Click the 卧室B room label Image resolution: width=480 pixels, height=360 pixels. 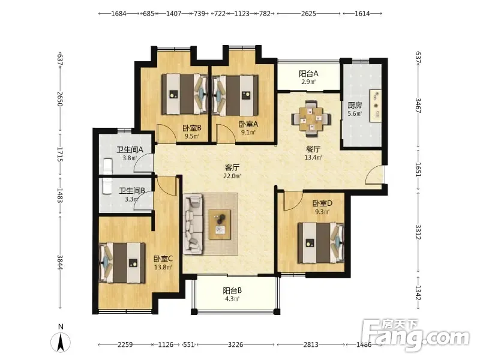point(192,128)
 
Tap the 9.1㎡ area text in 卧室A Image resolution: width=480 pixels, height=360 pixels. point(248,132)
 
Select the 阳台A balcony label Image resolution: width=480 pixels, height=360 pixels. point(308,73)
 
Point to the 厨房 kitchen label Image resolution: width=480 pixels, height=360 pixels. point(355,106)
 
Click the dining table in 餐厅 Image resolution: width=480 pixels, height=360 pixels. point(311,118)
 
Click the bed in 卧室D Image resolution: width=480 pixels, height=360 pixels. point(321,243)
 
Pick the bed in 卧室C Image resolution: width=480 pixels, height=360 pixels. point(122,263)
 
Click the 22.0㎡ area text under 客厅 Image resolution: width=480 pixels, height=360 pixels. point(232,176)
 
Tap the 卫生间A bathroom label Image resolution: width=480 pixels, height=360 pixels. point(130,149)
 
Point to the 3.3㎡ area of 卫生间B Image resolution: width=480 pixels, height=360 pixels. point(131,199)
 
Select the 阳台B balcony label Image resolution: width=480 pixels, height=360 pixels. point(232,290)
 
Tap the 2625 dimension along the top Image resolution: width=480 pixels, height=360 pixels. point(308,13)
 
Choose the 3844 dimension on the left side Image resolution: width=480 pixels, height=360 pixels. point(60,262)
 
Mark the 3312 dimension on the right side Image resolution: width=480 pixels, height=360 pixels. point(418,232)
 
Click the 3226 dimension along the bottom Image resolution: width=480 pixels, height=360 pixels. point(236,344)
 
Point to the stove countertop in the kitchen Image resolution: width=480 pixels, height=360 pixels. point(376,106)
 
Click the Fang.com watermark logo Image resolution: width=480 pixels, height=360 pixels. point(415,335)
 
